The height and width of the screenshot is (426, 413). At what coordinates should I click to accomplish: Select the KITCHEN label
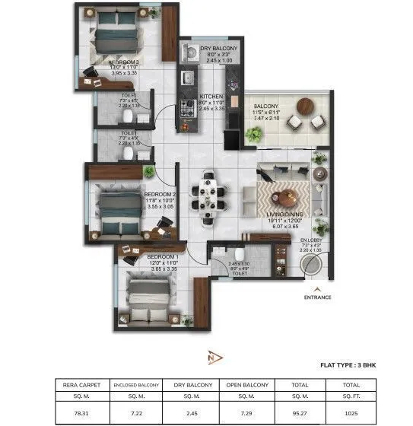211,97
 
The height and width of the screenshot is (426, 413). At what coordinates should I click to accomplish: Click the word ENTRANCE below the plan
317,297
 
